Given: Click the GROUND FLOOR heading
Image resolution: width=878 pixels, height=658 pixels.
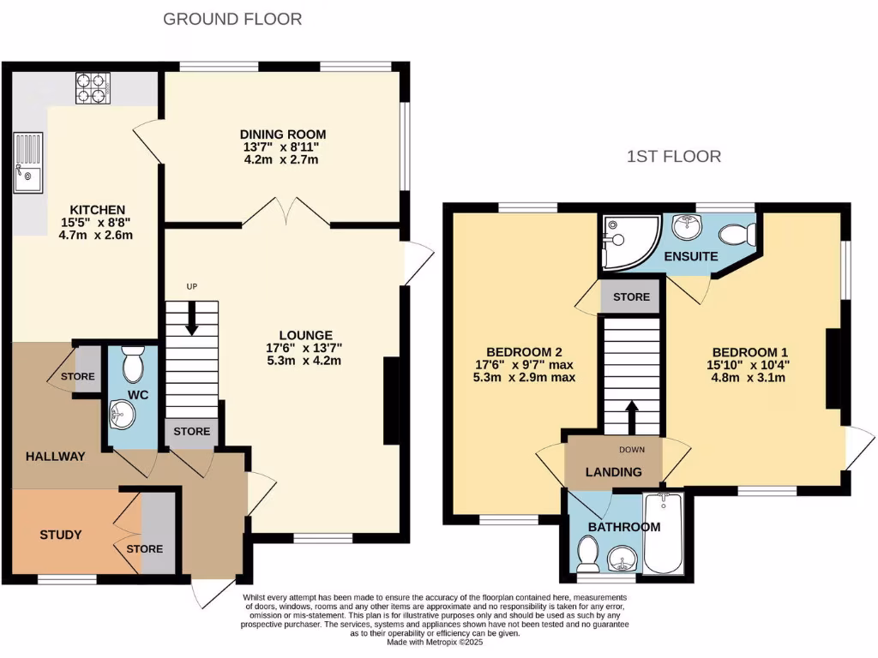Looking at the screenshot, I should (x=232, y=19).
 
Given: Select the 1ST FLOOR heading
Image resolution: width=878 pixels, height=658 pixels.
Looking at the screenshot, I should (x=673, y=156).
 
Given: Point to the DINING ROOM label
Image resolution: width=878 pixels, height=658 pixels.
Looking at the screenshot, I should (x=283, y=135).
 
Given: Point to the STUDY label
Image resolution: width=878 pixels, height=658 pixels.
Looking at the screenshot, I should (x=61, y=535).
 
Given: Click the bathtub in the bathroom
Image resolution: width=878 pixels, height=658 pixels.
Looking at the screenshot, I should (x=663, y=534).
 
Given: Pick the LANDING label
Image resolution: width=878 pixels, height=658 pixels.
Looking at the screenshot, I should (x=613, y=472).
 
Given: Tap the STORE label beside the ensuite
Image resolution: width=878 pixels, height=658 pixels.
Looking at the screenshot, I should (x=631, y=297).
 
